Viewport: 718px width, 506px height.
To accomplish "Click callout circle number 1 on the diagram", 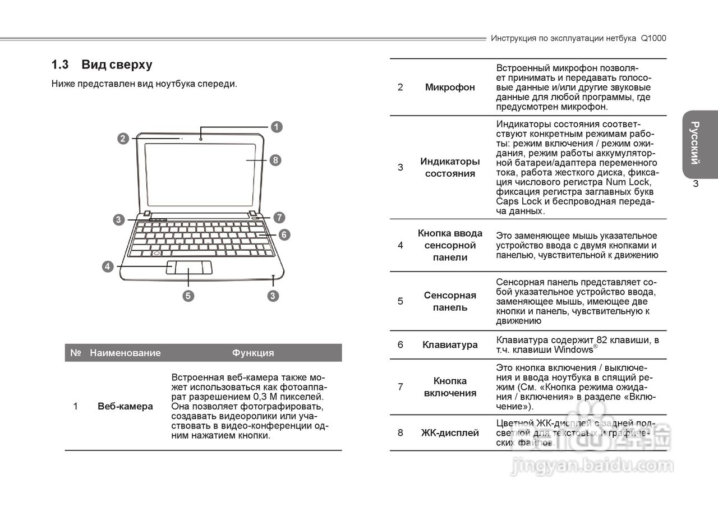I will pyautogui.click(x=276, y=127).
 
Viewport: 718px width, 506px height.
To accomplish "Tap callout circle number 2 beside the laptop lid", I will pyautogui.click(x=123, y=138).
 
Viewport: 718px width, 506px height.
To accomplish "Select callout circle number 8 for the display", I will pyautogui.click(x=275, y=160).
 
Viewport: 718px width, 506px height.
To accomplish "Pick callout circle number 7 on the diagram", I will pyautogui.click(x=279, y=217).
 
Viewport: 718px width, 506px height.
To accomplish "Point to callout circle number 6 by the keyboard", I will pyautogui.click(x=284, y=234).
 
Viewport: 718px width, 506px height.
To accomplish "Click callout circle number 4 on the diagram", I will pyautogui.click(x=107, y=266).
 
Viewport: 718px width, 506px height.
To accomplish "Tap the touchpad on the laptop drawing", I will pyautogui.click(x=188, y=268).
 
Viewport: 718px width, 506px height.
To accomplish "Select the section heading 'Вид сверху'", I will pyautogui.click(x=117, y=65).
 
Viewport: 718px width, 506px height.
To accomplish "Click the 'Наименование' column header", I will pyautogui.click(x=125, y=353).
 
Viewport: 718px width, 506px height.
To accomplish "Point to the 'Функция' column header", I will pyautogui.click(x=253, y=353).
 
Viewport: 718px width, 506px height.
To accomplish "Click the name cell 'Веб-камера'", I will pyautogui.click(x=125, y=406).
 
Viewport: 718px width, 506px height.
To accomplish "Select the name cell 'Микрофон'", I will pyautogui.click(x=450, y=87).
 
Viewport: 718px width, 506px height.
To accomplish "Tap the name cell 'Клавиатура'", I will pyautogui.click(x=450, y=344).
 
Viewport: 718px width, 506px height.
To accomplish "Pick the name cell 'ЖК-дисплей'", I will pyautogui.click(x=450, y=433).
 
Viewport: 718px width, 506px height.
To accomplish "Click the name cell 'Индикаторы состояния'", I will pyautogui.click(x=450, y=167).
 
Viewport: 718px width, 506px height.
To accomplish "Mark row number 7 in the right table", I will pyautogui.click(x=400, y=387).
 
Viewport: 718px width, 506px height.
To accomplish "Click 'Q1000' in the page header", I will pyautogui.click(x=653, y=38).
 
